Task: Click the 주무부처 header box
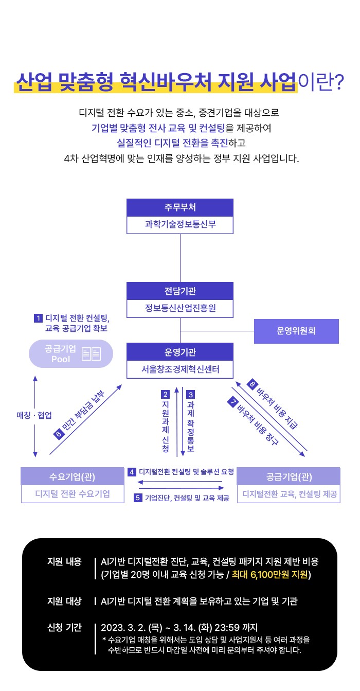180,207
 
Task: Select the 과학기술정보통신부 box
180,225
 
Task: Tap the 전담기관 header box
180,291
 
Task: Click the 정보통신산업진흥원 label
180,309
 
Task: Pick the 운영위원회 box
296,331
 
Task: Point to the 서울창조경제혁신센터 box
180,369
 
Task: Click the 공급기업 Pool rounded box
70,353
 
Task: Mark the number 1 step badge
38,317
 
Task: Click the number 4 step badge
132,472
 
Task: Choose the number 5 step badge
137,498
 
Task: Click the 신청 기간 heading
64,627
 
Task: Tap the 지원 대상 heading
64,600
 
